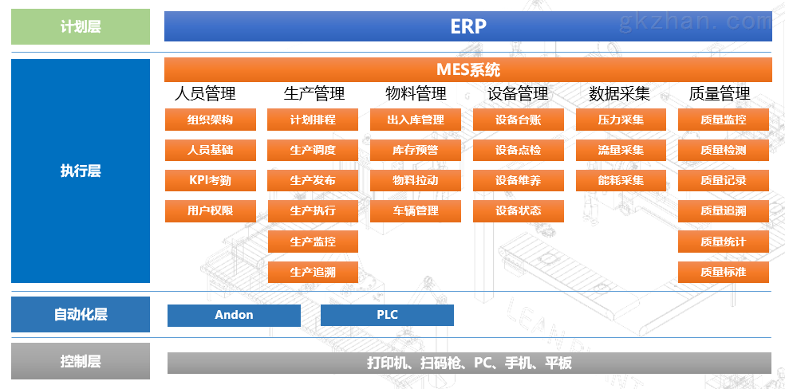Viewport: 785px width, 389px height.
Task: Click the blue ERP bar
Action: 468,26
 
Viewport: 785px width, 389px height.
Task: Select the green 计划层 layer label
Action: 81,26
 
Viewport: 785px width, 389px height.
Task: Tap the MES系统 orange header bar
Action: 468,69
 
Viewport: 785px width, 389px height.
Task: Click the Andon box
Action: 234,315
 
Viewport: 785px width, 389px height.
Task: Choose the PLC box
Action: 387,315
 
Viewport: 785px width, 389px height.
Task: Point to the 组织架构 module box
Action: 211,120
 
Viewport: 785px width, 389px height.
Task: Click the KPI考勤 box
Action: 211,180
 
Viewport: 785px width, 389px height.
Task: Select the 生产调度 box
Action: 313,150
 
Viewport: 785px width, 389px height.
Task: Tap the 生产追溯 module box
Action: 313,272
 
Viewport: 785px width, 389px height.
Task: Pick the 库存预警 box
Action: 416,150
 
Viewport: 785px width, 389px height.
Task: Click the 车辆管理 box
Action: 416,211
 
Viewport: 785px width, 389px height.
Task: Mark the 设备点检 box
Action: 519,150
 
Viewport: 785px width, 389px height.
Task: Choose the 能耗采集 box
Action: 621,180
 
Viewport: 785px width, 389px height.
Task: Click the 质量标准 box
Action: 724,272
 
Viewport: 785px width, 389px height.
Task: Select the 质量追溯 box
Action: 724,211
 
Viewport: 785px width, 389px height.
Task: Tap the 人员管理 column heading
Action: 205,93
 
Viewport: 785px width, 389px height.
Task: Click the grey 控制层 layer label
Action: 81,361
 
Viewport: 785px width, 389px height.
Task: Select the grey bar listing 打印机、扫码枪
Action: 469,363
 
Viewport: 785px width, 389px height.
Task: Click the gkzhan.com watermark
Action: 695,22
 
